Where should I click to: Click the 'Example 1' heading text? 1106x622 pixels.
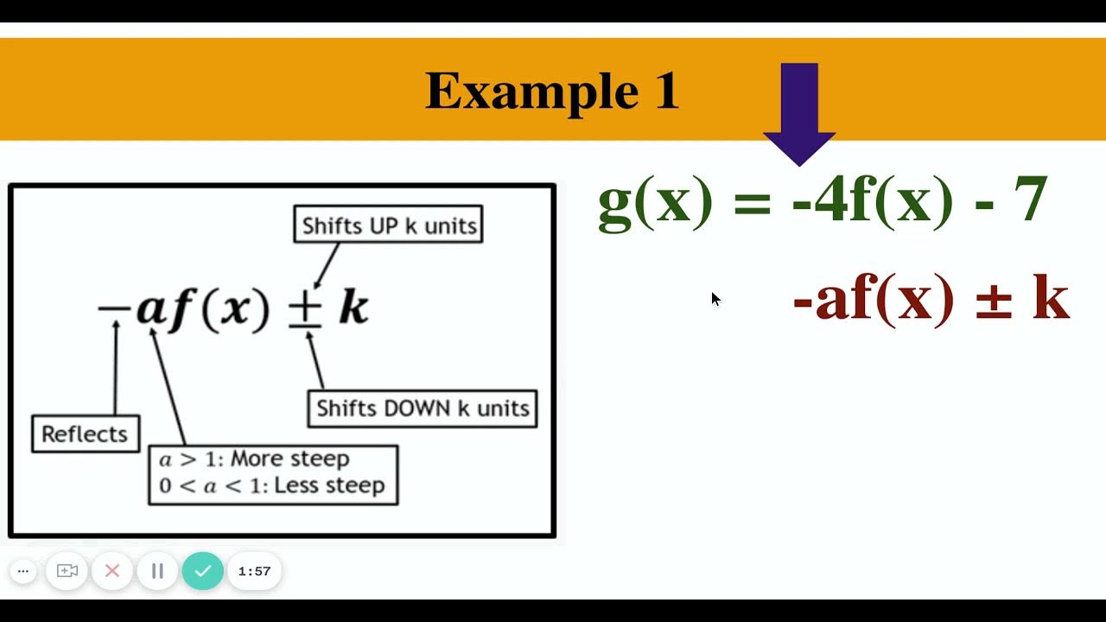(552, 91)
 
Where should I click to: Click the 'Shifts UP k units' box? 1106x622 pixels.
(388, 225)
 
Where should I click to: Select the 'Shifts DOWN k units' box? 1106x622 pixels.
(423, 408)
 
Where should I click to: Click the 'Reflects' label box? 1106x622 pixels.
(85, 434)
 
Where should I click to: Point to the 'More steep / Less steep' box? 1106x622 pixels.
(273, 473)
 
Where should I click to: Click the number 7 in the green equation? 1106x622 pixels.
(1032, 200)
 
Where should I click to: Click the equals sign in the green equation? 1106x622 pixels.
(751, 204)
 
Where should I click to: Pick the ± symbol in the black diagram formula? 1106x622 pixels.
(304, 308)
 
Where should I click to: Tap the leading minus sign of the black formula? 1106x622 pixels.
(114, 307)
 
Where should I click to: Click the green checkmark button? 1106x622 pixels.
(203, 571)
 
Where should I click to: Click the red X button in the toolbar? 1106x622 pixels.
(112, 571)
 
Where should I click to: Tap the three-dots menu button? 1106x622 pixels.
(23, 571)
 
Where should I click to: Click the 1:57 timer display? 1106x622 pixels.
(254, 571)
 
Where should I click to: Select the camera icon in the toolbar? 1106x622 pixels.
(67, 571)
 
